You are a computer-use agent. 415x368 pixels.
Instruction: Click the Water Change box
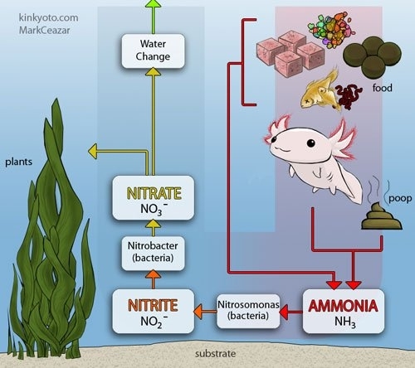tap(153, 51)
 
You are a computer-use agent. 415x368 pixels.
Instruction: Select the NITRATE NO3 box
tap(153, 198)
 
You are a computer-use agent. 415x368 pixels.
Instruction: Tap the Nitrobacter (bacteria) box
tap(153, 253)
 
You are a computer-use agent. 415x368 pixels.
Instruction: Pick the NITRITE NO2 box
tap(153, 312)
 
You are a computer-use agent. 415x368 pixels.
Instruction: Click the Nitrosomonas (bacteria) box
tap(248, 312)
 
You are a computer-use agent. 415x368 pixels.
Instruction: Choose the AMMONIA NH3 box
tap(344, 312)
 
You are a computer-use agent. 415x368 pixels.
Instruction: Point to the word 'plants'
tap(19, 162)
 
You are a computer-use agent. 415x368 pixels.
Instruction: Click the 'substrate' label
tap(216, 354)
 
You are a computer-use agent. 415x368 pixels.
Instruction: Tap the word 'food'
tap(383, 88)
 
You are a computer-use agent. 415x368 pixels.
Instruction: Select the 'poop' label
tap(400, 199)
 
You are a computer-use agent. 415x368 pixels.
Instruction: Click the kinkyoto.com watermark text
tap(48, 17)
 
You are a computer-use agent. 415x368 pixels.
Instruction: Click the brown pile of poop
tap(382, 216)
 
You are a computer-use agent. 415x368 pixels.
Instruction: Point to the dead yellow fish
tap(321, 90)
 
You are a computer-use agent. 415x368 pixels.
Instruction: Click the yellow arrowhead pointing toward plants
tap(93, 152)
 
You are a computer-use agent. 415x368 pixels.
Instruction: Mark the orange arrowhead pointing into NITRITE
tap(198, 312)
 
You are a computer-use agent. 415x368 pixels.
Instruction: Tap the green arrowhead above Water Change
tap(153, 3)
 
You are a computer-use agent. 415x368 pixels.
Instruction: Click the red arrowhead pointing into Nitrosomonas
tap(285, 312)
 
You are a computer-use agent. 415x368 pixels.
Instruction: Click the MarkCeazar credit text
tap(44, 30)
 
